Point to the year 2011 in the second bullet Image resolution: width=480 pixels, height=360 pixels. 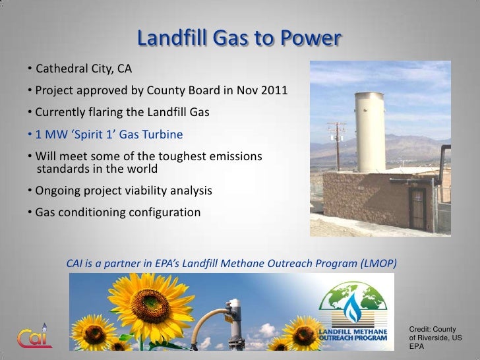pos(274,90)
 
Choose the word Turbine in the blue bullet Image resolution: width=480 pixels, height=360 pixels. pos(164,135)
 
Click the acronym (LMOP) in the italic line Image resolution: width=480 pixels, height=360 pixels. pos(378,263)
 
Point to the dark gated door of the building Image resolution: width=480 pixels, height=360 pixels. pos(418,208)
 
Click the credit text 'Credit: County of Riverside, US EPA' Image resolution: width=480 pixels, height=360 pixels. pos(435,337)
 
